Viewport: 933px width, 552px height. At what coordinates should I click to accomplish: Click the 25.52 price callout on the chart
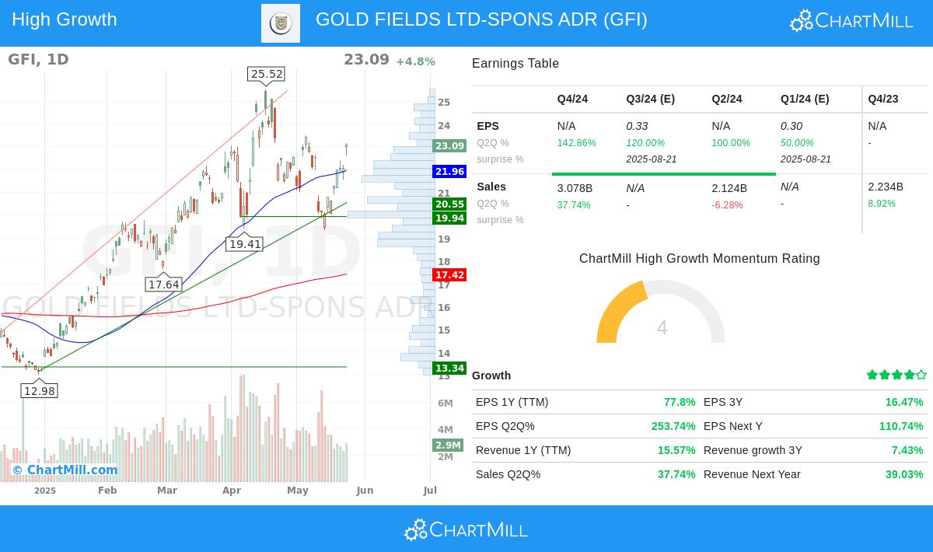(x=266, y=74)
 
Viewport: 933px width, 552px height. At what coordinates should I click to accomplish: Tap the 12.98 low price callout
(x=40, y=390)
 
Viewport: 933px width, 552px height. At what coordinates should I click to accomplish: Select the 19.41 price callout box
(x=245, y=244)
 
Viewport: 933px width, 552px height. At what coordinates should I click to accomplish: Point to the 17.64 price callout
(x=164, y=285)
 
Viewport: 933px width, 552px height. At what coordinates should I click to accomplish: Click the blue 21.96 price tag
(x=449, y=172)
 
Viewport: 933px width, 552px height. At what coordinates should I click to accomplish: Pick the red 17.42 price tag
(x=449, y=275)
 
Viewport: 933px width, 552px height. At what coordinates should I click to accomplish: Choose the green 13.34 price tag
(x=449, y=369)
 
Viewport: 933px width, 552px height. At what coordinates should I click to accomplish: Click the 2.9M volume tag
(x=448, y=445)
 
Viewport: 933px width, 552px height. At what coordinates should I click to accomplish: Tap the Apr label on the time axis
(x=231, y=491)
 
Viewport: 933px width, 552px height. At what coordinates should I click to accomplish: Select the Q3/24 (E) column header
(x=650, y=99)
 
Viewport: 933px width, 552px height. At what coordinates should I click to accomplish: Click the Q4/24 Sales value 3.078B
(x=575, y=188)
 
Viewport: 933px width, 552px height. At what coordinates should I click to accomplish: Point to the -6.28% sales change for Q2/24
(x=727, y=205)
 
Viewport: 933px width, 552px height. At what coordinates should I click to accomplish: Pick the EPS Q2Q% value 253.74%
(x=673, y=426)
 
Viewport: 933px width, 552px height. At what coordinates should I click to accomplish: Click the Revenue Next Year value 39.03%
(x=903, y=474)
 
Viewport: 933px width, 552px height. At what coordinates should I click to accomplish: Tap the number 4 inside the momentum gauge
(x=662, y=328)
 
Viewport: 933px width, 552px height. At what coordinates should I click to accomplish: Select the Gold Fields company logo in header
(x=281, y=23)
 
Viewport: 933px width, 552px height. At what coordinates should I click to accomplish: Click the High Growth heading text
(x=65, y=19)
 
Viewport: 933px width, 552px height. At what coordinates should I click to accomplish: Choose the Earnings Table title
(x=515, y=64)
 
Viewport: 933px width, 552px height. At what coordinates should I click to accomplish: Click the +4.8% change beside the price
(x=415, y=61)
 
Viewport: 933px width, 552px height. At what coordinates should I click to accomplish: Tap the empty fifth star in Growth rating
(x=921, y=375)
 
